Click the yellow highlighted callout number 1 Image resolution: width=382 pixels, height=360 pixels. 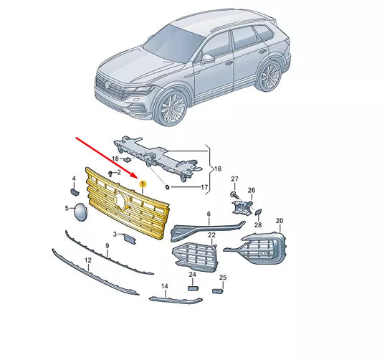pyautogui.click(x=143, y=184)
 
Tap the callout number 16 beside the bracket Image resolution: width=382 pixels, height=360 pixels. pyautogui.click(x=217, y=169)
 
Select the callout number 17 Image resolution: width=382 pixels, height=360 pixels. pyautogui.click(x=204, y=187)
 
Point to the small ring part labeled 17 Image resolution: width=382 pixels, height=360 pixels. pyautogui.click(x=168, y=187)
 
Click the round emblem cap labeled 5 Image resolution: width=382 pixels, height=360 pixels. pyautogui.click(x=81, y=212)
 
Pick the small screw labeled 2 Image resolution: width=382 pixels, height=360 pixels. pyautogui.click(x=110, y=174)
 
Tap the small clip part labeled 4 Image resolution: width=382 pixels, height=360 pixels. pyautogui.click(x=74, y=191)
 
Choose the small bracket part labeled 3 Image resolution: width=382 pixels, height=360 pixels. pyautogui.click(x=129, y=238)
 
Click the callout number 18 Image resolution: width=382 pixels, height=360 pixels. pyautogui.click(x=115, y=159)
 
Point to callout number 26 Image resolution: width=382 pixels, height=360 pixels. pyautogui.click(x=252, y=190)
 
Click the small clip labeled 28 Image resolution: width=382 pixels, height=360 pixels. pyautogui.click(x=258, y=212)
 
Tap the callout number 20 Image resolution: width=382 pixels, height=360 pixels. pyautogui.click(x=280, y=221)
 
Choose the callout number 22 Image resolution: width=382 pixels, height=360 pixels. pyautogui.click(x=211, y=235)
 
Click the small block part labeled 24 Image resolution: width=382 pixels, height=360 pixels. pyautogui.click(x=194, y=288)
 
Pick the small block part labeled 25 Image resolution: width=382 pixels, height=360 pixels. pyautogui.click(x=218, y=290)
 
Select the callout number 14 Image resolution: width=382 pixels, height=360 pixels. pyautogui.click(x=165, y=286)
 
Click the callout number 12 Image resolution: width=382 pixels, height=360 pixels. pyautogui.click(x=88, y=260)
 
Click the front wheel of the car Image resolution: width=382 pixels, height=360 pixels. pyautogui.click(x=171, y=108)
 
